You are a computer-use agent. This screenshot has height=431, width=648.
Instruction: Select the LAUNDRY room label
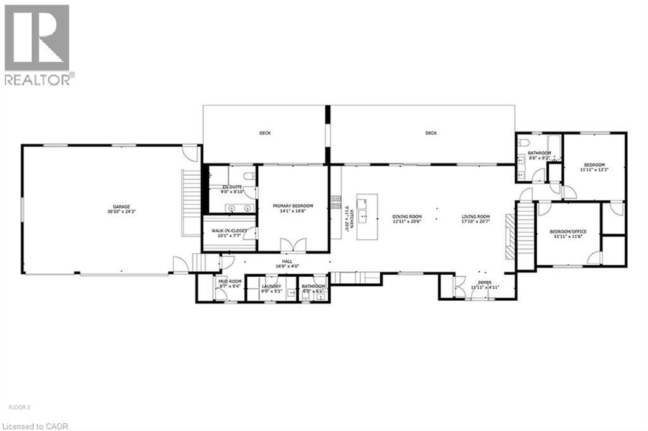[x=271, y=286]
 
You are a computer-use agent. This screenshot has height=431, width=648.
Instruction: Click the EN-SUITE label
[x=231, y=187]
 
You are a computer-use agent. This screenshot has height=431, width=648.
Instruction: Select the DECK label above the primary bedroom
[x=265, y=133]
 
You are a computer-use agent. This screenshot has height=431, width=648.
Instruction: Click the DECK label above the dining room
[x=431, y=133]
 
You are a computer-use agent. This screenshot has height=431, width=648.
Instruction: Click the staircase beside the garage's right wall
[x=191, y=202]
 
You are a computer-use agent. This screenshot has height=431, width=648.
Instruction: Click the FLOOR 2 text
[x=19, y=398]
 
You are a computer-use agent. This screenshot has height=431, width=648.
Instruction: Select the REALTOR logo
[x=38, y=44]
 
